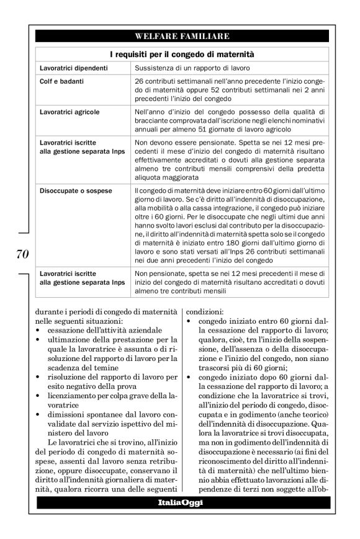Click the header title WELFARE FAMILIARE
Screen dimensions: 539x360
tap(182, 36)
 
